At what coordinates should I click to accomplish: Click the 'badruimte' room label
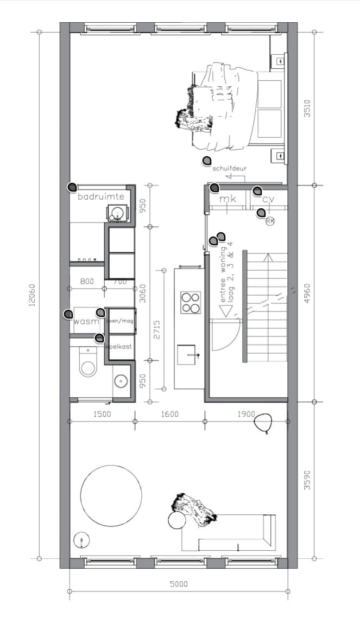pyautogui.click(x=101, y=196)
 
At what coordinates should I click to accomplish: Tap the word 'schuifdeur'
pyautogui.click(x=229, y=168)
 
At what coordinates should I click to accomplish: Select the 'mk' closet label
pyautogui.click(x=228, y=200)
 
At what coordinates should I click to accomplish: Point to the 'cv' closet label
pyautogui.click(x=268, y=200)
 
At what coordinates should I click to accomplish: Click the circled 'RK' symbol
pyautogui.click(x=270, y=220)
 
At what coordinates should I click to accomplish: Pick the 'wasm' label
pyautogui.click(x=86, y=322)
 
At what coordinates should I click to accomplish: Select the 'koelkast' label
pyautogui.click(x=119, y=346)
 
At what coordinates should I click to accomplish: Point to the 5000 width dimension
pyautogui.click(x=178, y=584)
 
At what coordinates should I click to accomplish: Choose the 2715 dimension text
pyautogui.click(x=157, y=329)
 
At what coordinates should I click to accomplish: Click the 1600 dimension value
pyautogui.click(x=170, y=414)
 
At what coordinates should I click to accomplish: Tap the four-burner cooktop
pyautogui.click(x=190, y=303)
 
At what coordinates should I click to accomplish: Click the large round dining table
pyautogui.click(x=111, y=495)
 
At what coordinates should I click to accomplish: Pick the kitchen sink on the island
pyautogui.click(x=189, y=355)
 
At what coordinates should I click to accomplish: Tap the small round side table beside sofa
pyautogui.click(x=176, y=520)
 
